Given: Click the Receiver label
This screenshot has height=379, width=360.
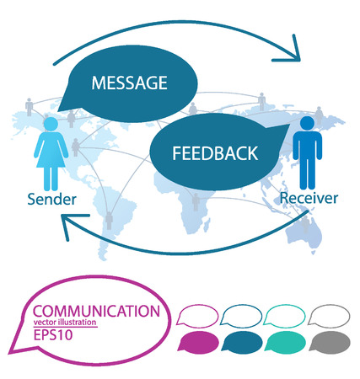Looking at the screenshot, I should tap(310, 200).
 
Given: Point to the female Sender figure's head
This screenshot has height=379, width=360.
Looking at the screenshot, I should tap(50, 124).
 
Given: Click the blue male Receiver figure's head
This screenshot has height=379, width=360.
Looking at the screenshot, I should tap(306, 124).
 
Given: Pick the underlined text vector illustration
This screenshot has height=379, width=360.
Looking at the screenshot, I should tap(65, 323).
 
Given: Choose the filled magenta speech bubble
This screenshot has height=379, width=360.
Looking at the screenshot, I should tap(199, 342).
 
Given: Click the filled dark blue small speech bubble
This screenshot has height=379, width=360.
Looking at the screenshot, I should tap(242, 342).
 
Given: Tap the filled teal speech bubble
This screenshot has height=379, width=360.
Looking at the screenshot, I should tap(284, 342).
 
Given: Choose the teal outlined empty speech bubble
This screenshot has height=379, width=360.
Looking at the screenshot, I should tap(285, 314).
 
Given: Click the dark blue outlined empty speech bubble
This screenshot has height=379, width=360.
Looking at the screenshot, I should tap(243, 314).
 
